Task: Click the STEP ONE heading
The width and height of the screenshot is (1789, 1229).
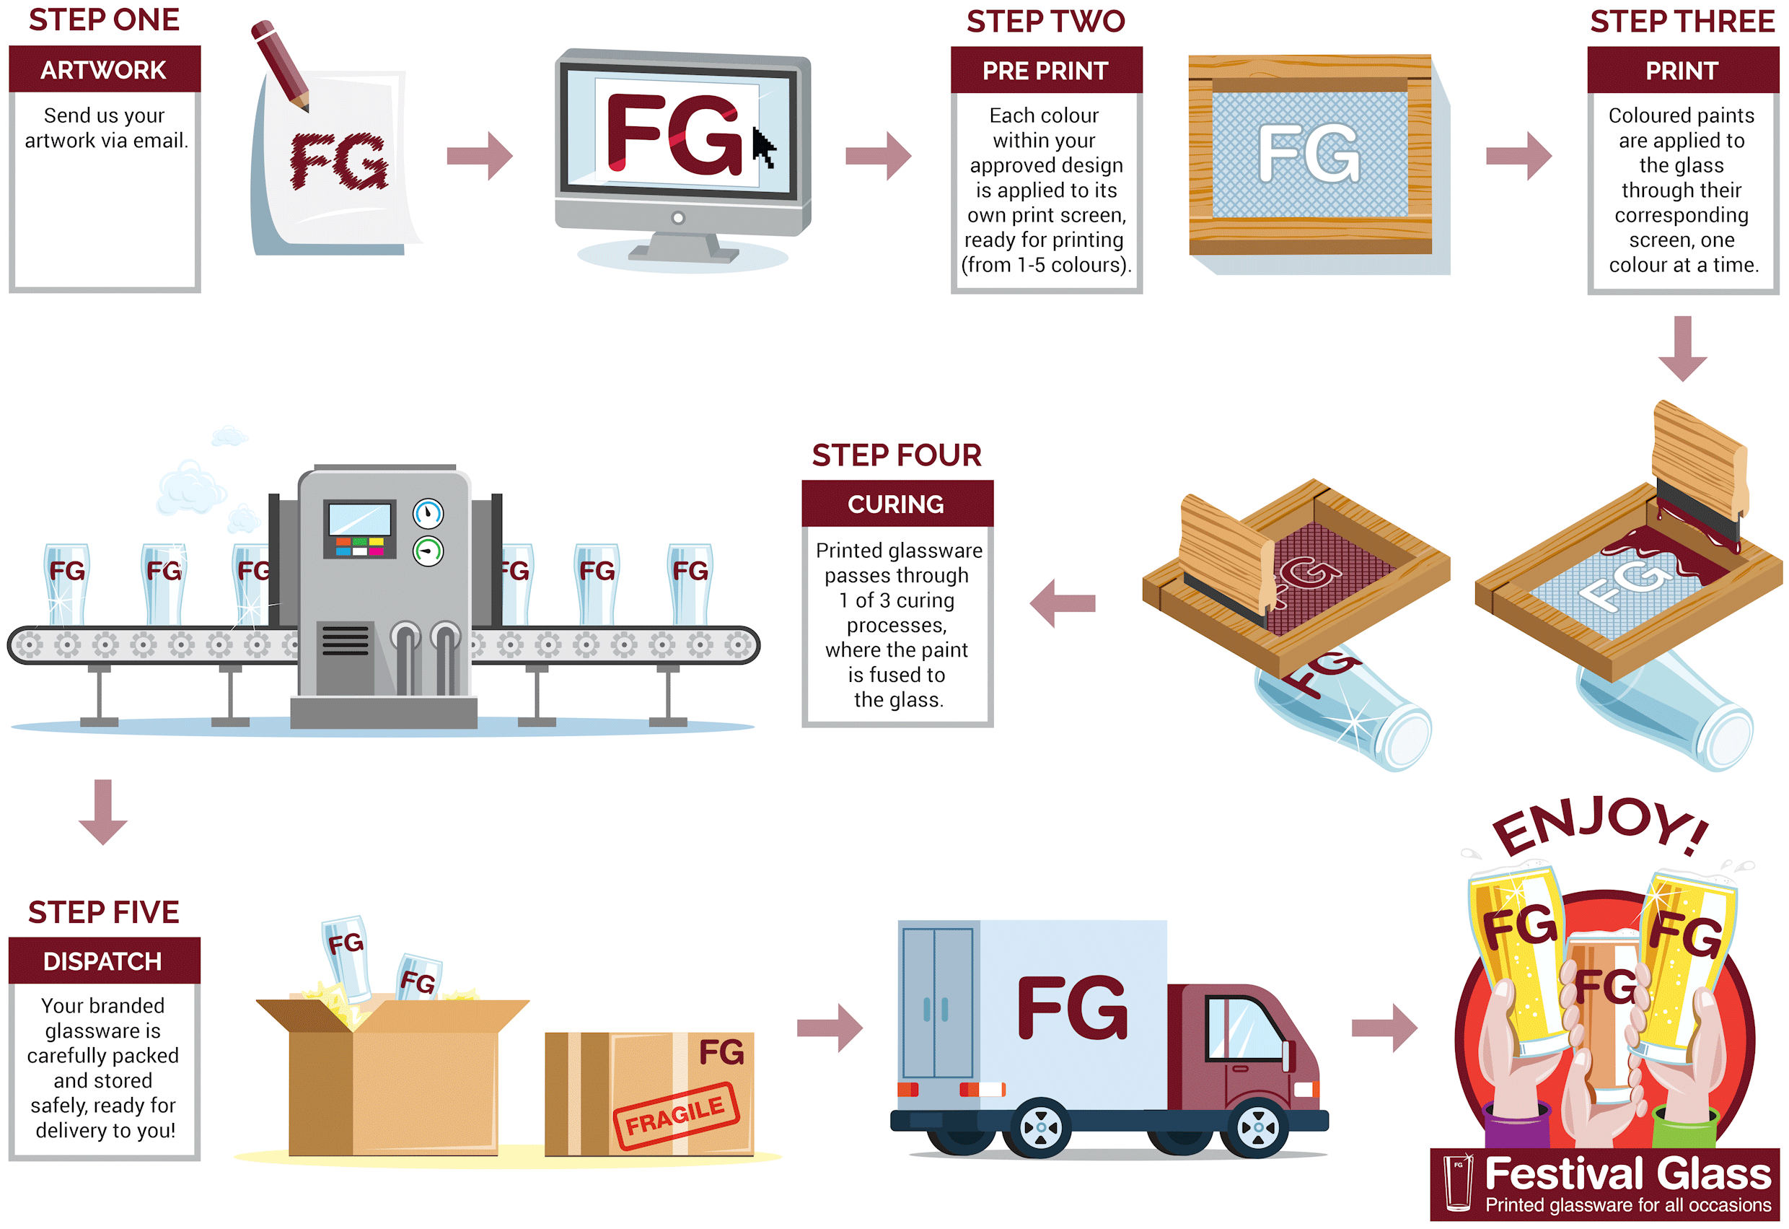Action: (x=104, y=20)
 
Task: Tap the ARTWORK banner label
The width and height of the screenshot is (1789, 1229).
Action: (x=103, y=70)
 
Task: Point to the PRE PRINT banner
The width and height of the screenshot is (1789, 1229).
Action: (x=1045, y=71)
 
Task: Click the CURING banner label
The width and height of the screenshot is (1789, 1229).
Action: (x=896, y=504)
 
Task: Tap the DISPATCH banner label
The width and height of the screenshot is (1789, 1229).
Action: (x=103, y=962)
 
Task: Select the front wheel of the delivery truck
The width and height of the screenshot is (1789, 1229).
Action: (x=1259, y=1128)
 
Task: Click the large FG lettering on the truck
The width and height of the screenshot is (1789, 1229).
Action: (x=1073, y=1008)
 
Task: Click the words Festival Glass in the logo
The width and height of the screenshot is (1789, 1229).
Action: (x=1627, y=1175)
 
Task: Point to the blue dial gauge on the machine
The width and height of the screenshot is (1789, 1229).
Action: (x=428, y=514)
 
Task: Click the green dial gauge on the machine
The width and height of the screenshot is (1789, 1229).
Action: (x=428, y=551)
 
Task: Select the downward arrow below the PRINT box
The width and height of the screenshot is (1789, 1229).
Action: (x=1682, y=348)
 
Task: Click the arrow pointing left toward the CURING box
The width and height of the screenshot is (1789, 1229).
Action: (x=1063, y=603)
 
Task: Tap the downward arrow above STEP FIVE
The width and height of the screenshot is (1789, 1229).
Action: (x=103, y=812)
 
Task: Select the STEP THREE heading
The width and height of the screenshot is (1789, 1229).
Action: (x=1682, y=22)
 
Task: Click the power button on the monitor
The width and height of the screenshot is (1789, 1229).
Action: (x=677, y=218)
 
